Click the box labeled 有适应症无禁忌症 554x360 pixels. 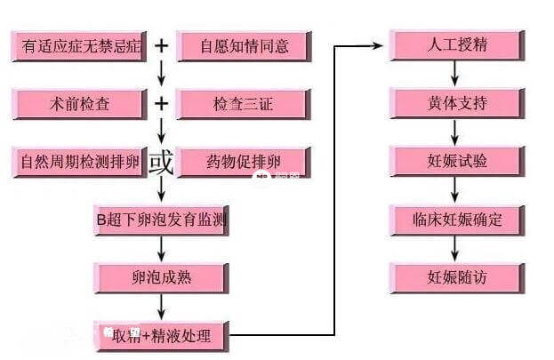[x=79, y=45]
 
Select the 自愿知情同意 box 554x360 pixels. [x=243, y=45]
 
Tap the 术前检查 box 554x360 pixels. [x=79, y=104]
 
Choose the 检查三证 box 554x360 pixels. [x=243, y=104]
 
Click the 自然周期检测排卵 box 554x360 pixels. [x=79, y=163]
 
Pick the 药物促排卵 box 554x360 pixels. [x=243, y=163]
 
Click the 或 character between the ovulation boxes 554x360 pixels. [x=161, y=163]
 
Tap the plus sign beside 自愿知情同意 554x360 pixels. [x=161, y=44]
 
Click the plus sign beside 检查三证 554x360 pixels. [x=161, y=103]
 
